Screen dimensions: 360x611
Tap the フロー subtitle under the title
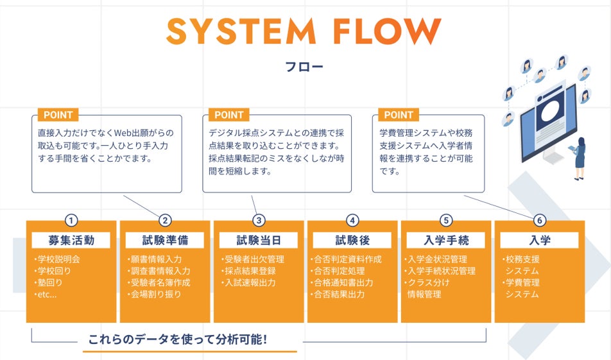[305, 67]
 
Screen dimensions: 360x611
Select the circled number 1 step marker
[71, 220]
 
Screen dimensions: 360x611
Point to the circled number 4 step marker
[352, 220]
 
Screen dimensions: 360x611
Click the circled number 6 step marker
[539, 220]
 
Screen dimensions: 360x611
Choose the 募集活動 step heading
[71, 241]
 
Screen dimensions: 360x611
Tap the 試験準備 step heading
[165, 241]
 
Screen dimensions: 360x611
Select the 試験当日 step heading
[259, 241]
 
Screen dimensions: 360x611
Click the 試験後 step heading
[352, 241]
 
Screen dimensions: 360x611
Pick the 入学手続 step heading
[446, 241]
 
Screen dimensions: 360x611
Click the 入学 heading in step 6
[540, 241]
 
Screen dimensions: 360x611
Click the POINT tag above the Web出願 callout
[58, 115]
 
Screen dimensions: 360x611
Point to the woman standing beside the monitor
[580, 158]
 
